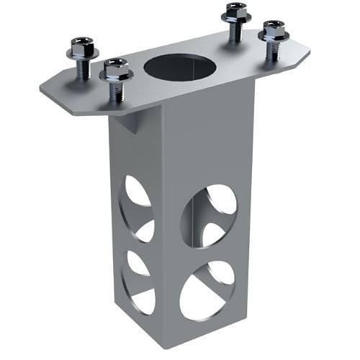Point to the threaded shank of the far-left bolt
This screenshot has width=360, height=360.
(x=81, y=68)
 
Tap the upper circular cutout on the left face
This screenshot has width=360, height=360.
(x=138, y=208)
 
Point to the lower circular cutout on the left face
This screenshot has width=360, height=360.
(x=138, y=280)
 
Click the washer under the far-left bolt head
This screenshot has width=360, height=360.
(x=79, y=55)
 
